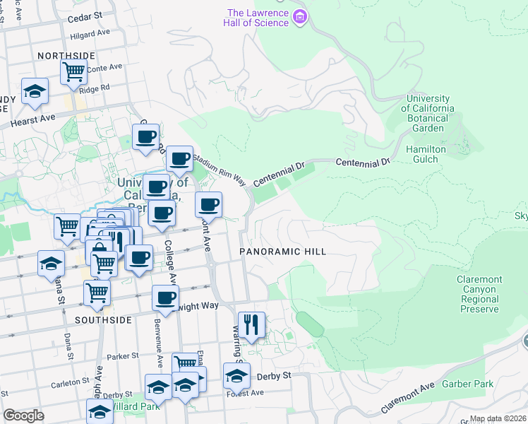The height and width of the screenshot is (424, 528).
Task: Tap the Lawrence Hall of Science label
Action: (258, 18)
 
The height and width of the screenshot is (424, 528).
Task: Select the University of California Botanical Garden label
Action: (428, 113)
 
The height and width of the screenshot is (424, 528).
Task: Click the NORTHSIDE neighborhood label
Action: (66, 56)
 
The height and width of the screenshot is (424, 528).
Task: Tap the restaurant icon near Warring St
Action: (251, 325)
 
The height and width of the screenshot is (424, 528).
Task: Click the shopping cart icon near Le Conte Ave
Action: (73, 71)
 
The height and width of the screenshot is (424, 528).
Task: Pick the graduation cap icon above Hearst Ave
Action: (35, 91)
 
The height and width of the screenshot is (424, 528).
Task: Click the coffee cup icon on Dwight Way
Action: (166, 298)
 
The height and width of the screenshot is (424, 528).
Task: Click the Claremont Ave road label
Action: (408, 399)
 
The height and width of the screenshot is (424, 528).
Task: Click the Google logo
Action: (23, 416)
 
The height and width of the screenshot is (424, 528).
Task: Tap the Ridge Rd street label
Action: (95, 88)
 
